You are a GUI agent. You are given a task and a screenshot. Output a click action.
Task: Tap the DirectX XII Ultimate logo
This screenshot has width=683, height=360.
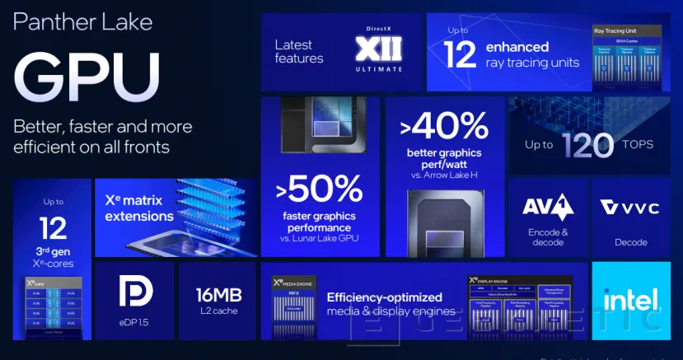378,49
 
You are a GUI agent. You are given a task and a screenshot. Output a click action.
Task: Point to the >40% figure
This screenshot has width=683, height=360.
443,126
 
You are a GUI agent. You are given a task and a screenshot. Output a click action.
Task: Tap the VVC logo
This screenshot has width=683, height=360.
630,208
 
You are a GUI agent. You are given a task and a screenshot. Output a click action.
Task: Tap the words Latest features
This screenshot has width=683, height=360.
299,52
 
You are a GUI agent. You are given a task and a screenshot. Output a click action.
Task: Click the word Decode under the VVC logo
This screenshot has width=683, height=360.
630,242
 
